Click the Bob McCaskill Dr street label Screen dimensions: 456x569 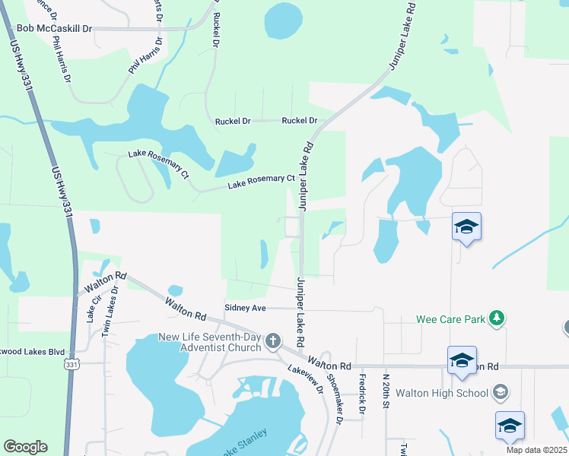pyautogui.click(x=54, y=29)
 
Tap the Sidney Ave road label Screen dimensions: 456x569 pyautogui.click(x=245, y=308)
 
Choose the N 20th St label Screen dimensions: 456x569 pyautogui.click(x=386, y=391)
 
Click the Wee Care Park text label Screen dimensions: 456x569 pyautogui.click(x=450, y=319)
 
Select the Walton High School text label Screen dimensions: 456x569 pyautogui.click(x=452, y=393)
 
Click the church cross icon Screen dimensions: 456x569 pyautogui.click(x=274, y=344)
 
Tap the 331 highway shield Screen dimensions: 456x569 pyautogui.click(x=72, y=365)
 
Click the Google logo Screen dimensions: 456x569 pyautogui.click(x=25, y=447)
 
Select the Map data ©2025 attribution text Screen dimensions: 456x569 pyautogui.click(x=537, y=450)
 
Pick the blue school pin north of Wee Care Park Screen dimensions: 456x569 pyautogui.click(x=466, y=226)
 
